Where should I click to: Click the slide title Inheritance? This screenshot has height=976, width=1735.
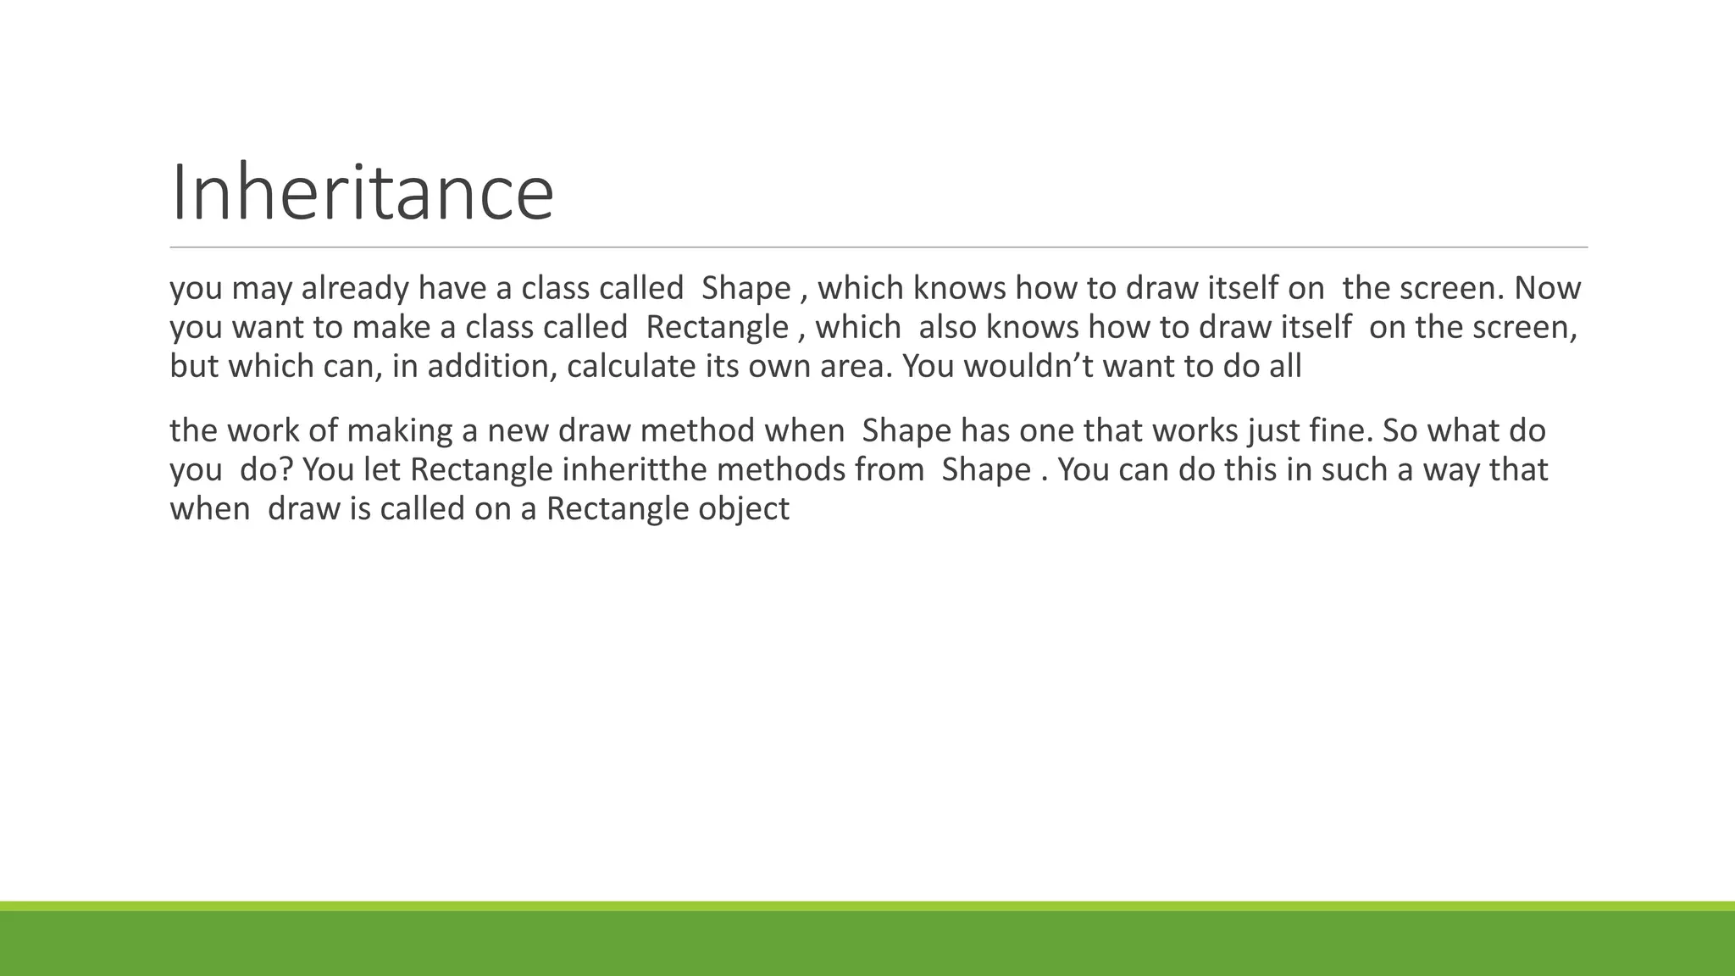[362, 193]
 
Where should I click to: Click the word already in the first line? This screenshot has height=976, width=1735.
[355, 289]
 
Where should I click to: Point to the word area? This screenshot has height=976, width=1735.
[856, 367]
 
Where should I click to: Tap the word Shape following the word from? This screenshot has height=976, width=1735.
[986, 470]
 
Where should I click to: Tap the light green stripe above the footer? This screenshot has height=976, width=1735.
[867, 906]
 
